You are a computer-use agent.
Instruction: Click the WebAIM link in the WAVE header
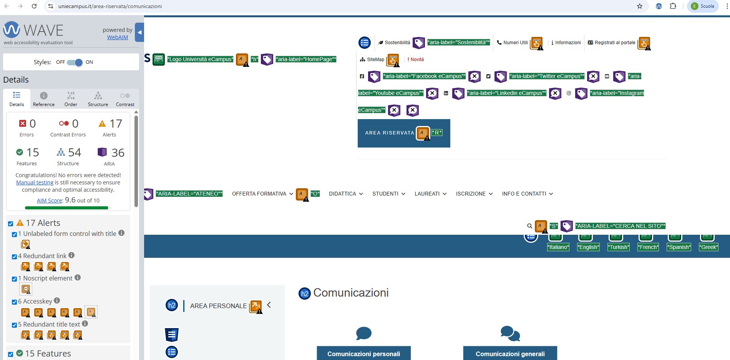[118, 37]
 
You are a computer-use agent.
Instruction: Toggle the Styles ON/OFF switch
[75, 62]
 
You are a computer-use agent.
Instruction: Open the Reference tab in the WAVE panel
[44, 99]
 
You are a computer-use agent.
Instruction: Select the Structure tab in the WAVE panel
[98, 99]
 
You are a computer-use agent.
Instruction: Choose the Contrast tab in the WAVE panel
[125, 99]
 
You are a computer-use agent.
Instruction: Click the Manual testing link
[35, 182]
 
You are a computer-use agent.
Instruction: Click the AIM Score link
[50, 201]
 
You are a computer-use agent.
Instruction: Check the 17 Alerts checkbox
[11, 224]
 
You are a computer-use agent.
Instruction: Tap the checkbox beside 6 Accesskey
[14, 302]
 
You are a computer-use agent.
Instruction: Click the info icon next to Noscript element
[78, 277]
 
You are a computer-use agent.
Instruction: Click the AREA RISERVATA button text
[390, 133]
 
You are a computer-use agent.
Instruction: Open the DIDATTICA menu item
[346, 194]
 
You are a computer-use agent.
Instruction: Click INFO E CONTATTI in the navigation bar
[528, 194]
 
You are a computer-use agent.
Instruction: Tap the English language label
[588, 247]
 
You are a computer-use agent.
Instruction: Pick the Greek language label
[708, 247]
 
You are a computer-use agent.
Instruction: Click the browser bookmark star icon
[640, 6]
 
